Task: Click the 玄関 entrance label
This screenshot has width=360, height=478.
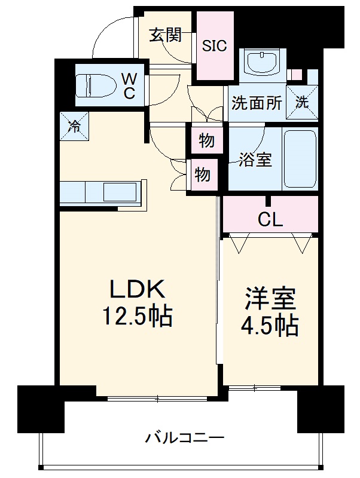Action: pos(165,36)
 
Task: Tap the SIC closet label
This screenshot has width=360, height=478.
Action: pos(215,46)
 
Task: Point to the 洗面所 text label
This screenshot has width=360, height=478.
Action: pos(257,103)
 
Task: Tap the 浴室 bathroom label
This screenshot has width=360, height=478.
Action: pos(256,160)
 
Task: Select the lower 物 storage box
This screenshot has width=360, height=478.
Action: pos(203,175)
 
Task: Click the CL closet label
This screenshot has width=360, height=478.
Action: pos(270,220)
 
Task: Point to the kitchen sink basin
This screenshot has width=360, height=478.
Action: pos(120,192)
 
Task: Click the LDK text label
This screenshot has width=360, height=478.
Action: pos(136,290)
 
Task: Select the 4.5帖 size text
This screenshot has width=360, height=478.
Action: pos(271,326)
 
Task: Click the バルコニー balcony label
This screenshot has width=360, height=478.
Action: pos(185,438)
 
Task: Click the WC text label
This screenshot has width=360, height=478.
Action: pos(130,85)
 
